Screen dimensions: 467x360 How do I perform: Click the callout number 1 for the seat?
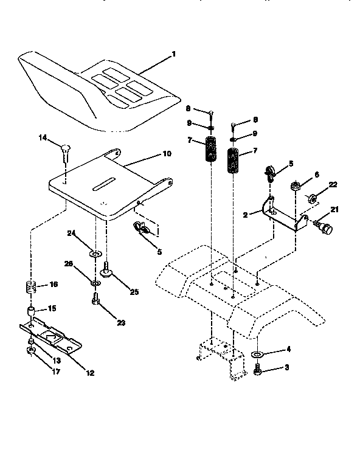[173, 54]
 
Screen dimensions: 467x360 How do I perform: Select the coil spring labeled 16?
[30, 286]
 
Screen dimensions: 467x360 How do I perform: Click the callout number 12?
[90, 373]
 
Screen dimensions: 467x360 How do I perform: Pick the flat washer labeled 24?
[95, 252]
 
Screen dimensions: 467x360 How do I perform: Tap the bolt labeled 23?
[95, 300]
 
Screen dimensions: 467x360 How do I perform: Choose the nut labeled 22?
[310, 198]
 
